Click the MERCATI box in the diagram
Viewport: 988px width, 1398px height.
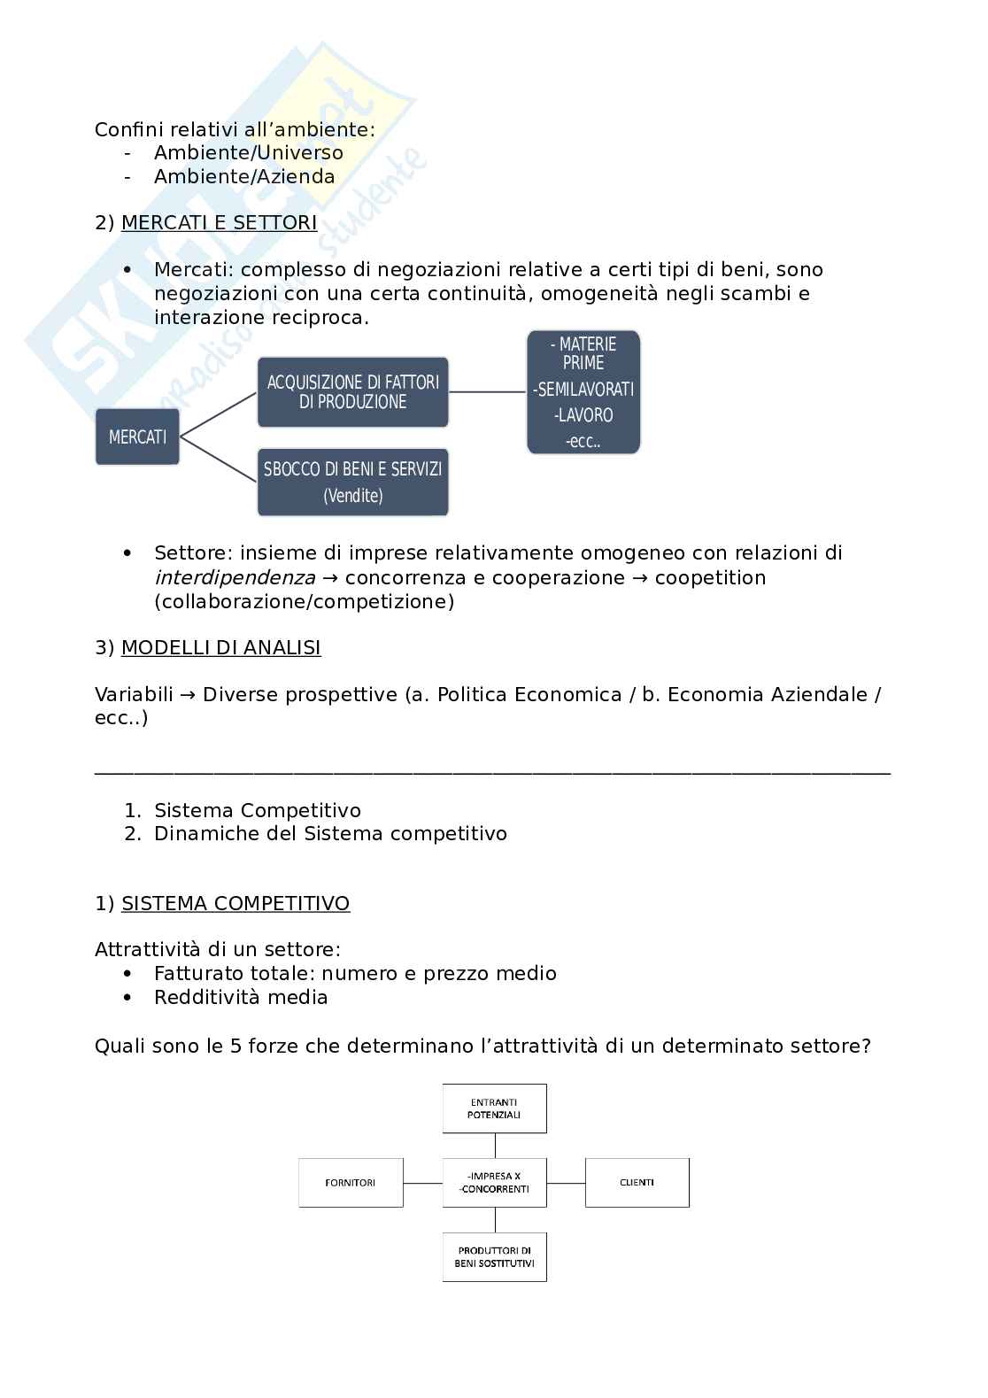pos(137,436)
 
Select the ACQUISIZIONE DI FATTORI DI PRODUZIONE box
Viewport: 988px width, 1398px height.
pos(352,392)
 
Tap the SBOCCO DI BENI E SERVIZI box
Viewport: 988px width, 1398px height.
pos(352,483)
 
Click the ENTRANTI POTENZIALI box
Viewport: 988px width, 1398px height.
pos(494,1108)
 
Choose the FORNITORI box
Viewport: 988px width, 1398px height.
pos(351,1183)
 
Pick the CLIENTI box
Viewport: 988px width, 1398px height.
pos(637,1183)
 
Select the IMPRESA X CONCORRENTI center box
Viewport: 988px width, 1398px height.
pos(494,1183)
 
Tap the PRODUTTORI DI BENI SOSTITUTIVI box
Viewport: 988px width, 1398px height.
pos(494,1257)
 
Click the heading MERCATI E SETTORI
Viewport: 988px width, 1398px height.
pos(219,223)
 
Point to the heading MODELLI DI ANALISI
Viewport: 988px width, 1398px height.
pos(220,648)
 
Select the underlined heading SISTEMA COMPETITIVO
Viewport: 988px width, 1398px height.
pos(235,904)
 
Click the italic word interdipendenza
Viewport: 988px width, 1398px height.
pos(235,578)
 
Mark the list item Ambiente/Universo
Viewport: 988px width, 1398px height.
pos(248,152)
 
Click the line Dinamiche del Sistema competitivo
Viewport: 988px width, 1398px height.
pos(330,834)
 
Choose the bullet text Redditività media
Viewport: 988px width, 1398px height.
pos(241,998)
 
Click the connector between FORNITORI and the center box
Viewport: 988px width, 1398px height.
pos(423,1183)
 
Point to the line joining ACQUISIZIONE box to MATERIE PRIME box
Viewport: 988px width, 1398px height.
pos(488,391)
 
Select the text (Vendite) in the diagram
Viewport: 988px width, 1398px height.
pos(352,497)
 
